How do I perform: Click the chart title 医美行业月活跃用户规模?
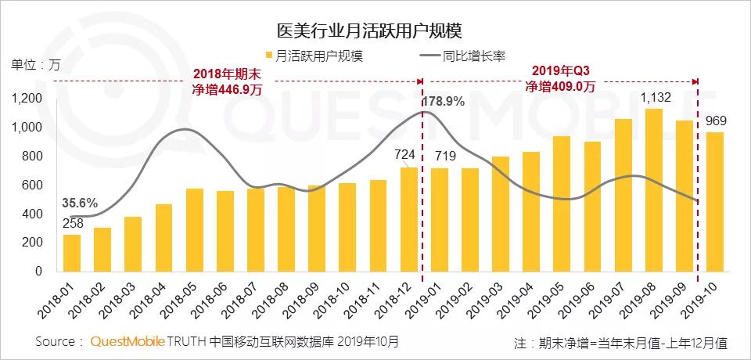tap(369, 31)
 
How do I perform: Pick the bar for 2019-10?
tap(715, 201)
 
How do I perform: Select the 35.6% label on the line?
tap(79, 203)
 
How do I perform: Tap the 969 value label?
tap(716, 121)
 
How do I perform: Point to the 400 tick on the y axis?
tap(31, 214)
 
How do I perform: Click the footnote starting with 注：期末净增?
tap(620, 343)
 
